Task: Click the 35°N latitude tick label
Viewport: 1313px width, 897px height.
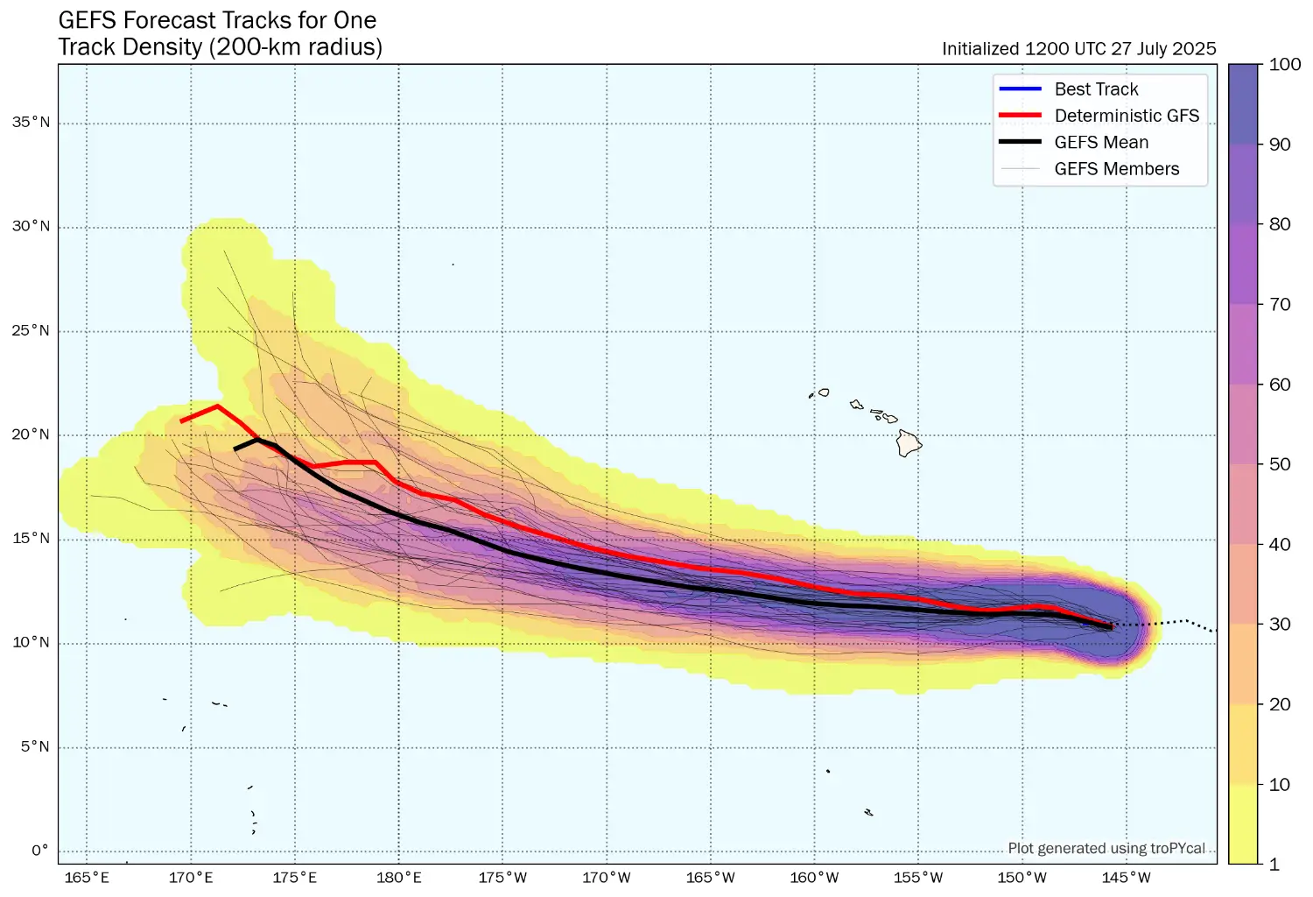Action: coord(31,123)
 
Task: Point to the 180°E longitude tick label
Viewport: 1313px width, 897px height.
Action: coord(399,878)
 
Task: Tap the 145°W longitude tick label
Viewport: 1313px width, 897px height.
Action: coord(1127,878)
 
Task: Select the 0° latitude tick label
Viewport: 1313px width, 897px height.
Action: coord(40,851)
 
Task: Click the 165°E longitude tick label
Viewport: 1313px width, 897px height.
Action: coord(87,878)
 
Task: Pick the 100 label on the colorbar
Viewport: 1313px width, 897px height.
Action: coord(1284,65)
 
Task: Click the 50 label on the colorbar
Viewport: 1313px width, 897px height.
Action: coord(1280,464)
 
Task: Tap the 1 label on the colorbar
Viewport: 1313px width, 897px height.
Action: coord(1274,865)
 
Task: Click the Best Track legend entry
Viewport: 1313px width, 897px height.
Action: coord(1096,89)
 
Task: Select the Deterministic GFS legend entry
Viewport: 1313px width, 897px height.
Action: coord(1126,116)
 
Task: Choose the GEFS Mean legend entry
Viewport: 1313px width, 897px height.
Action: coord(1101,143)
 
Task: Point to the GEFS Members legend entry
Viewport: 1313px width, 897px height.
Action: coord(1116,169)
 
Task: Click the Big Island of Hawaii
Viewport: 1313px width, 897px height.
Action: coord(909,443)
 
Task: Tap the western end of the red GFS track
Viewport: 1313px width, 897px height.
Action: coord(181,421)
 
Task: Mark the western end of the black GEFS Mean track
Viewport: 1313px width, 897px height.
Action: coord(235,449)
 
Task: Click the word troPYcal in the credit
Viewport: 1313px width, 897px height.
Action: coord(1178,848)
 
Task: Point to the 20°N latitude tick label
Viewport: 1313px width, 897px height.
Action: coord(31,435)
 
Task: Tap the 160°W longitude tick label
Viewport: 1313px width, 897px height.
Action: coord(815,878)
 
